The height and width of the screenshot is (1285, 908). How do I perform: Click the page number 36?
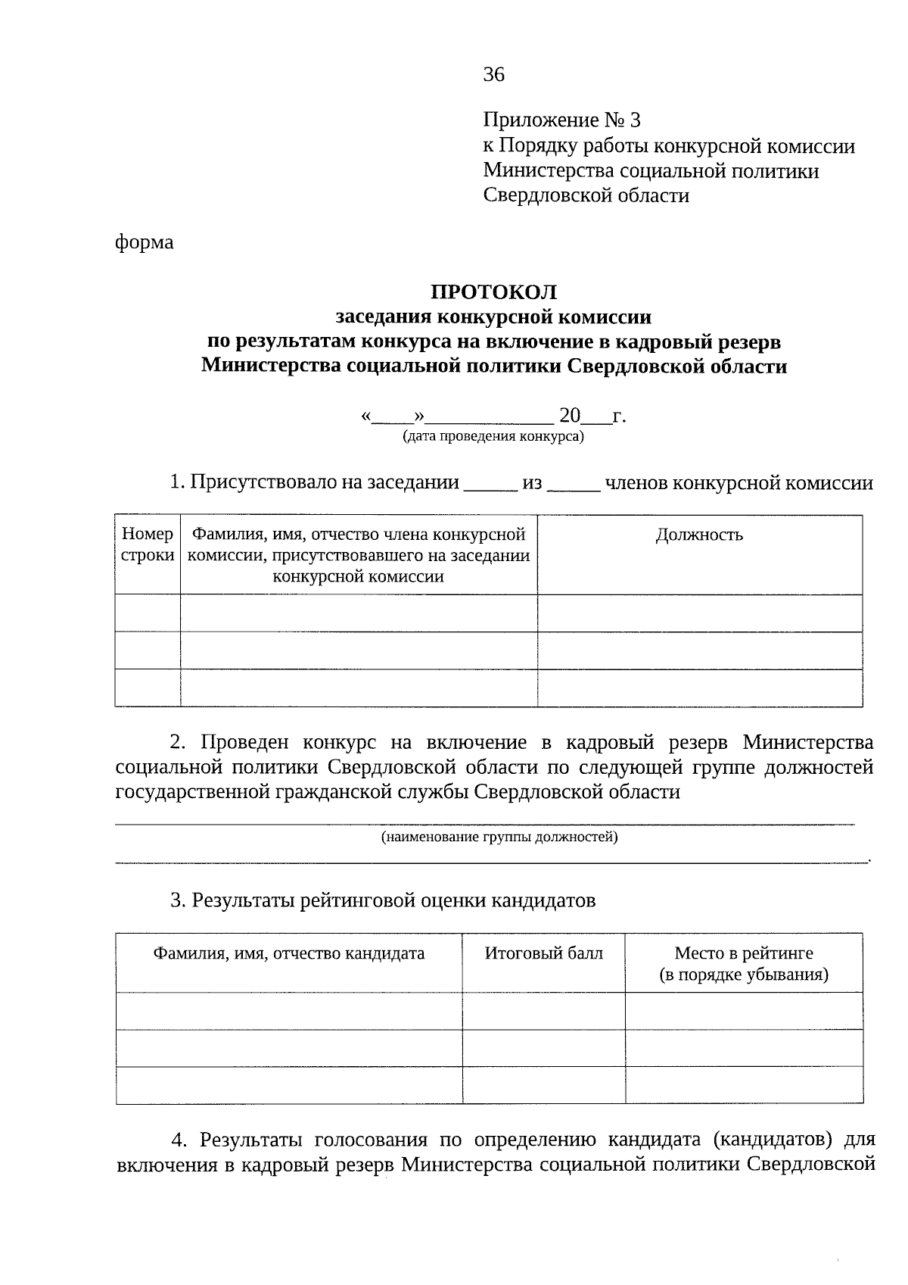coord(493,74)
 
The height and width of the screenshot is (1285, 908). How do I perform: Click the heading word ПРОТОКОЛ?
coord(493,292)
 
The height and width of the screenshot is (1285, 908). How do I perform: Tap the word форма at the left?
coord(144,242)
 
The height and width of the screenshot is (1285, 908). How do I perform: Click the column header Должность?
coord(699,535)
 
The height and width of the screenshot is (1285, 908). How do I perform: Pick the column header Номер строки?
coord(148,545)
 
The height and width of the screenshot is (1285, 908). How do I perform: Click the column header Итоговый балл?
coord(543,953)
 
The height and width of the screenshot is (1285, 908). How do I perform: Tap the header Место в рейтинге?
coord(743,953)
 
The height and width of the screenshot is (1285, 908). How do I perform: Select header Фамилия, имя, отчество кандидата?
coord(288,953)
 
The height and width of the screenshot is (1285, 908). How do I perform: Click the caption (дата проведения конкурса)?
coord(493,437)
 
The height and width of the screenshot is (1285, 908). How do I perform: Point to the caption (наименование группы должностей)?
coord(499,837)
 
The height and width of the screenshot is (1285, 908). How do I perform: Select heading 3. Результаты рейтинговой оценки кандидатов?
coord(383,900)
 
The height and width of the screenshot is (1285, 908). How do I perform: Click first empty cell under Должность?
coord(699,613)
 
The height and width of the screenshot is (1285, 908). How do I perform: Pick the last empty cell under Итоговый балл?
coord(543,1086)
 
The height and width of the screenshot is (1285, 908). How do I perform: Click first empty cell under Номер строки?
coord(148,613)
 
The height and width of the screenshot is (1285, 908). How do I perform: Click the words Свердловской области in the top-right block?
coord(586,196)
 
